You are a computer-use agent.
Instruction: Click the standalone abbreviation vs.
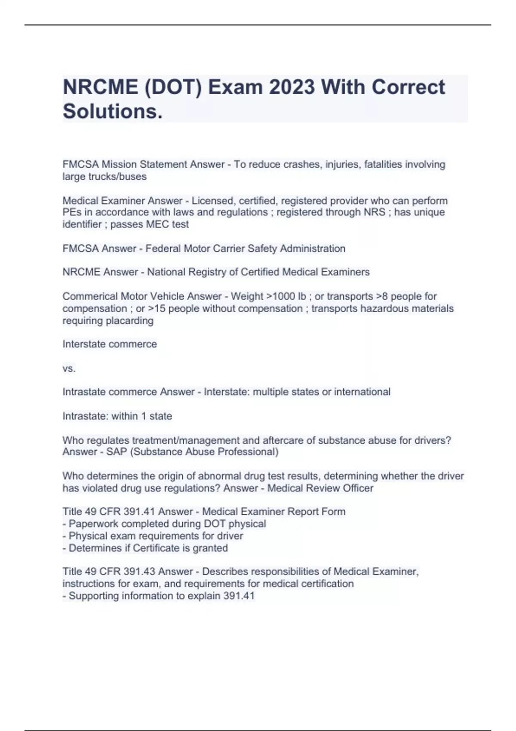[x=69, y=368]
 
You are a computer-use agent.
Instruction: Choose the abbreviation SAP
[x=117, y=452]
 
